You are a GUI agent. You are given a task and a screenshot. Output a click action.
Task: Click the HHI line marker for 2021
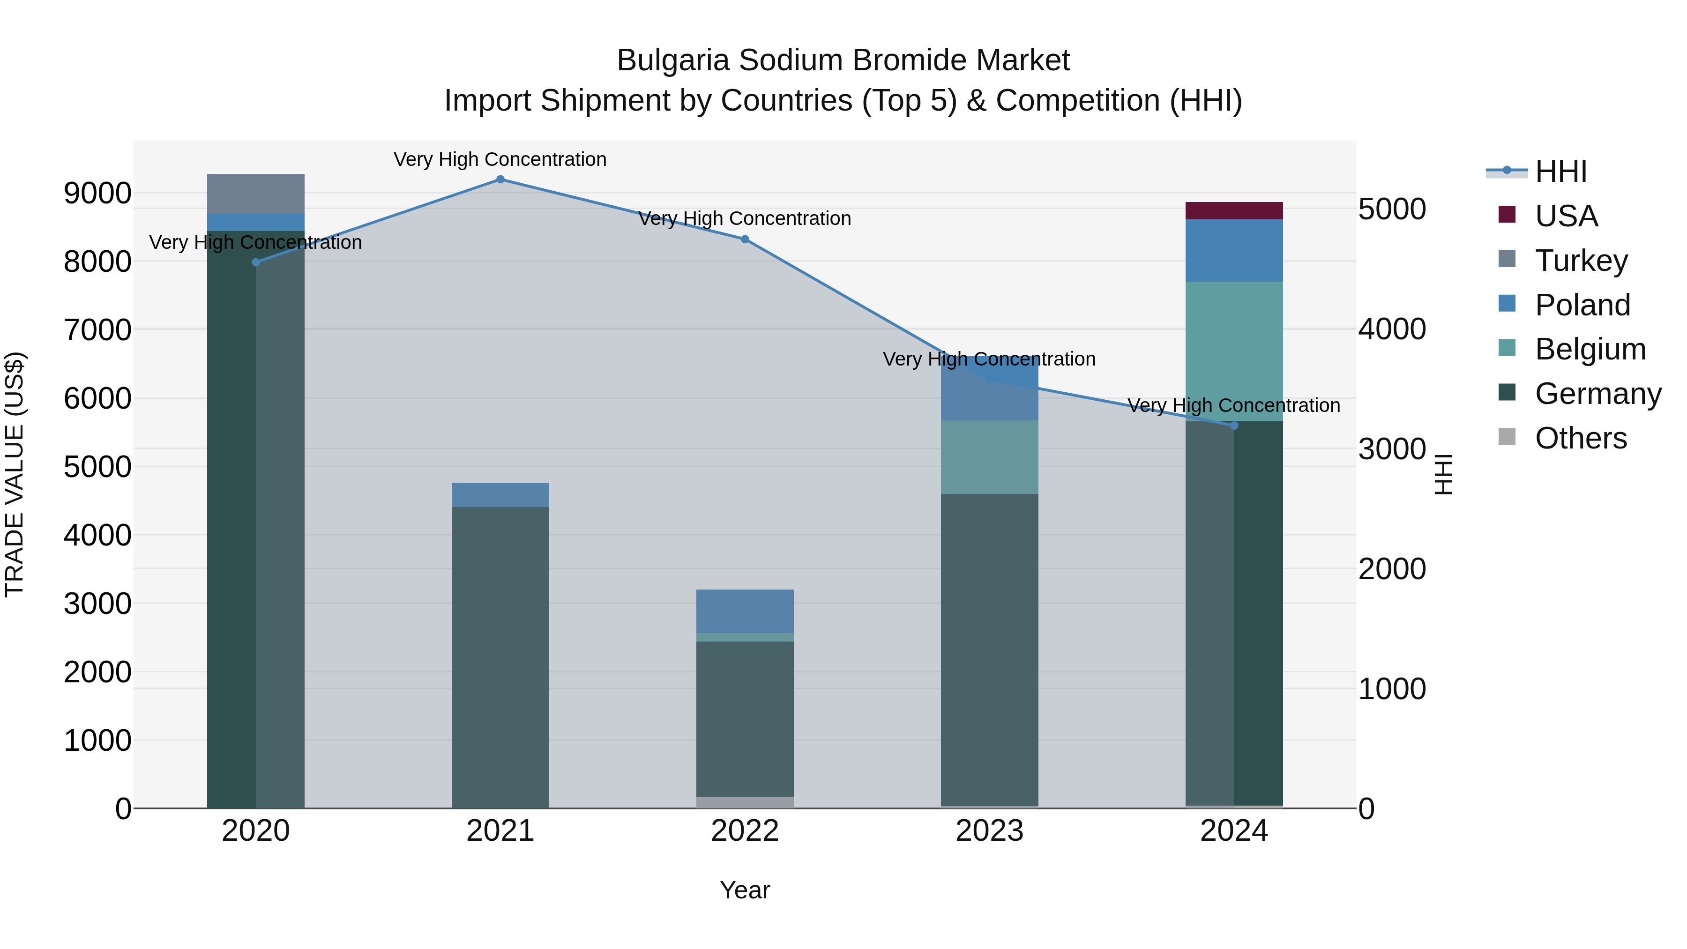click(x=500, y=179)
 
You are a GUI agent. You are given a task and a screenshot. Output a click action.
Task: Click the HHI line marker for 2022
click(x=745, y=239)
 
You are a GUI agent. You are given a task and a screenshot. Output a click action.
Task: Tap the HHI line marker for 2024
click(x=1234, y=426)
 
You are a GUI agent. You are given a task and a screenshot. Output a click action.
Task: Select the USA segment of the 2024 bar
click(x=1234, y=211)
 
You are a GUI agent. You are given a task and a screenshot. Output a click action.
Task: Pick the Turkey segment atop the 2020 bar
click(x=255, y=194)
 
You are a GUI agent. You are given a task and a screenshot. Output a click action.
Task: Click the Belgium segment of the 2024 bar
click(x=1234, y=351)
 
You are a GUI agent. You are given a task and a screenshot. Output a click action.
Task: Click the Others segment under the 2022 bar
click(x=745, y=802)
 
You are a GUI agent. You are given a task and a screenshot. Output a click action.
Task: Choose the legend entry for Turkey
click(x=1581, y=261)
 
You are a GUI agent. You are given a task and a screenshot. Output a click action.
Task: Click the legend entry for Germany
click(x=1597, y=394)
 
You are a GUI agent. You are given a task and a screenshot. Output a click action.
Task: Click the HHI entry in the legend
click(x=1560, y=172)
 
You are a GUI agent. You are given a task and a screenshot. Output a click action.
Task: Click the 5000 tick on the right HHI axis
click(x=1392, y=209)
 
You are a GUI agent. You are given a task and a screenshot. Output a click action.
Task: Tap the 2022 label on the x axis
click(x=745, y=831)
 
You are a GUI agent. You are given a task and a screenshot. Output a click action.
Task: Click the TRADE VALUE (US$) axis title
click(x=15, y=474)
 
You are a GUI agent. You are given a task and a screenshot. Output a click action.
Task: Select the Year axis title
click(x=745, y=890)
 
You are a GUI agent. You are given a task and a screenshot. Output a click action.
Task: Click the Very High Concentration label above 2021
click(x=500, y=159)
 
